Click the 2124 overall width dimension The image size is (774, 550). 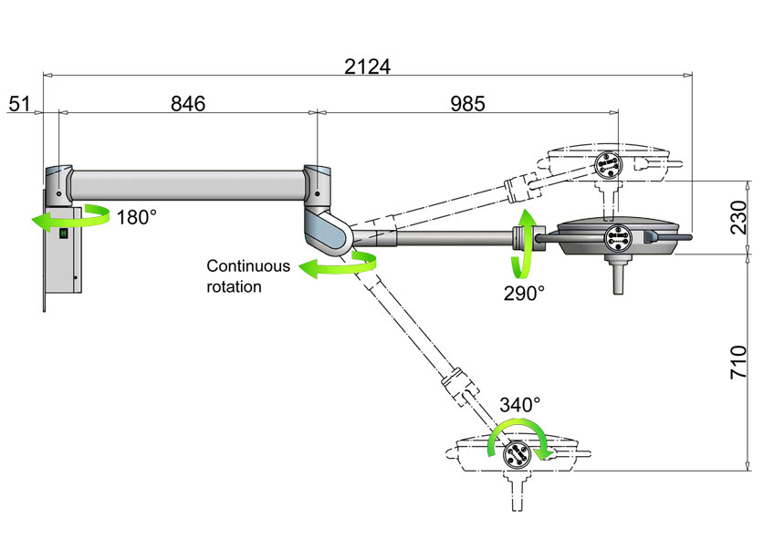pos(367,67)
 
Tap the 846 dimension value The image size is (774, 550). pos(188,103)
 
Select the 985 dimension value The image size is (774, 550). pos(467,103)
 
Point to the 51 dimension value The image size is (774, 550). pos(19,103)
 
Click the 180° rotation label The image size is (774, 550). pos(136,217)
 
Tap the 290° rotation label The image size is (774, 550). pos(523,293)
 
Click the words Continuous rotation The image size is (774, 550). pos(247,276)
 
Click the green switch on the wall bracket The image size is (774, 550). pos(64,233)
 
